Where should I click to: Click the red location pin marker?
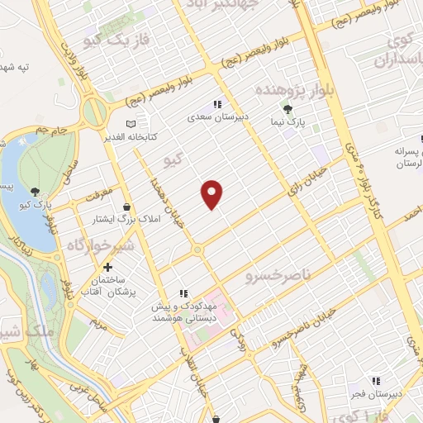pos(212,193)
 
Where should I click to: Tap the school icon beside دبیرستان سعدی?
pos(217,105)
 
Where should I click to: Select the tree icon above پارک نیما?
pos(288,109)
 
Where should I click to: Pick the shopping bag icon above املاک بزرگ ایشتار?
pos(126,206)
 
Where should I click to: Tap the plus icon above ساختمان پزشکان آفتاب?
pos(107,269)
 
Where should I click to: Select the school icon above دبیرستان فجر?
pos(376,381)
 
